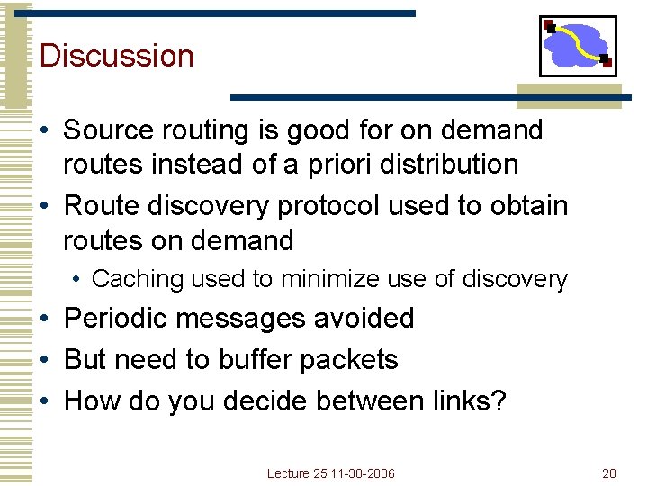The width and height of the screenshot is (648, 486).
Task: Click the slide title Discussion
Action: [117, 56]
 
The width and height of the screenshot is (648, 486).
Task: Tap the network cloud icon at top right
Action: [577, 46]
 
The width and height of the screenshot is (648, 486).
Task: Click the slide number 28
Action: [608, 473]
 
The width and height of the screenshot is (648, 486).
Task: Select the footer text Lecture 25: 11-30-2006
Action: [331, 473]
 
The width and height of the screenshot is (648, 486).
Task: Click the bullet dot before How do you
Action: [46, 401]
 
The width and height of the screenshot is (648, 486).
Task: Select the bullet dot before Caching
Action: [78, 280]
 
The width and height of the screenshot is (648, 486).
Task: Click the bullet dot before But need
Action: [46, 360]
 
